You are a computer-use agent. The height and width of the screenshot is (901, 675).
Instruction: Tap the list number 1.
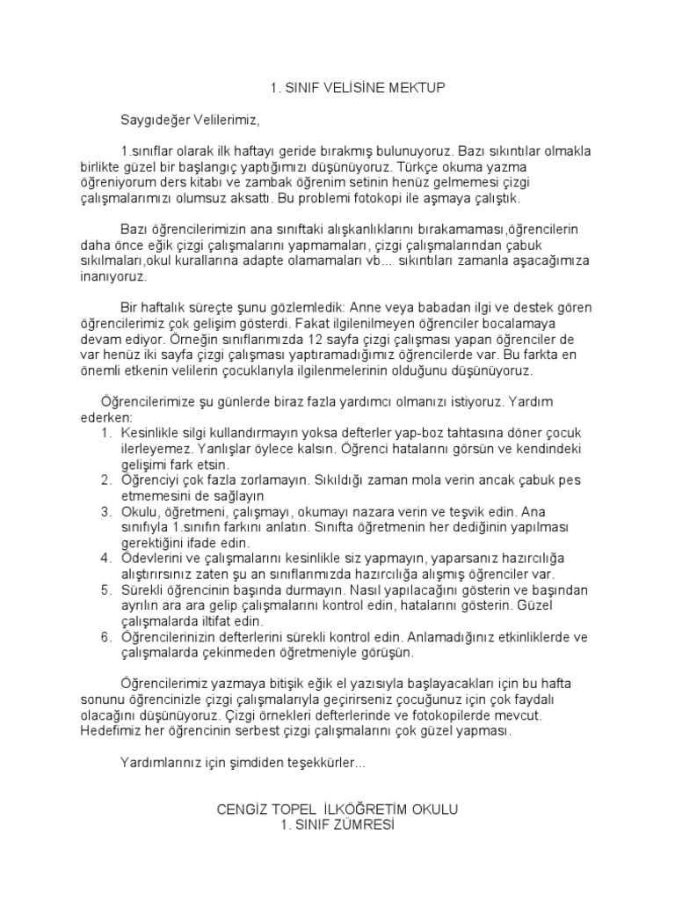click(x=105, y=433)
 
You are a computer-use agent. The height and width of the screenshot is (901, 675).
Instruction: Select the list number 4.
click(x=105, y=557)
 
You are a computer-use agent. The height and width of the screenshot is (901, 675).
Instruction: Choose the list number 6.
click(x=105, y=638)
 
